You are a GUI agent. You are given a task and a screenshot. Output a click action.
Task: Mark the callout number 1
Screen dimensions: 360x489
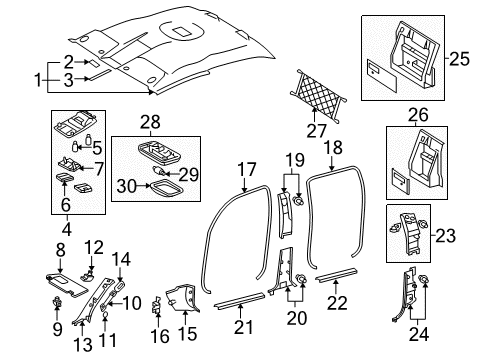pyautogui.click(x=38, y=77)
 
